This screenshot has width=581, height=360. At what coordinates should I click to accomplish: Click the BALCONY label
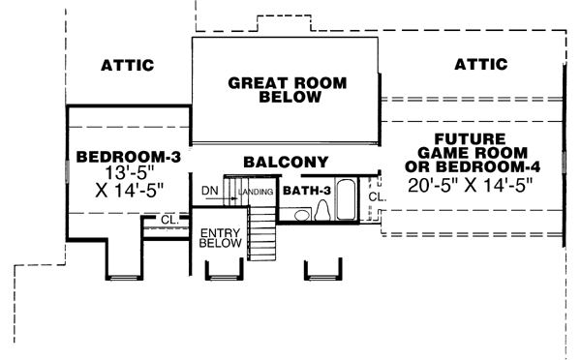(x=286, y=162)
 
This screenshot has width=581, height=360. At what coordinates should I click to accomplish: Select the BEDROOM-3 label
(x=129, y=156)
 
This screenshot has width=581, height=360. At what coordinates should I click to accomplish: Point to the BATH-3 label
(x=306, y=191)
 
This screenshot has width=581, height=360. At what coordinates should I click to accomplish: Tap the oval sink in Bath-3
(x=301, y=216)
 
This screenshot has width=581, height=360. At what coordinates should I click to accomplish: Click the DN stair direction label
(x=210, y=191)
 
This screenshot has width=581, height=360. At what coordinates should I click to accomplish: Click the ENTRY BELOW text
(x=220, y=240)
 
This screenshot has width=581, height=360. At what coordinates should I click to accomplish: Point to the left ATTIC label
(x=128, y=66)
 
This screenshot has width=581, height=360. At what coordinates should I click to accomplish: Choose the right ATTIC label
(x=480, y=64)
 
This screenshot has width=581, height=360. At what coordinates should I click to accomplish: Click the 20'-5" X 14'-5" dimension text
(x=473, y=183)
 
